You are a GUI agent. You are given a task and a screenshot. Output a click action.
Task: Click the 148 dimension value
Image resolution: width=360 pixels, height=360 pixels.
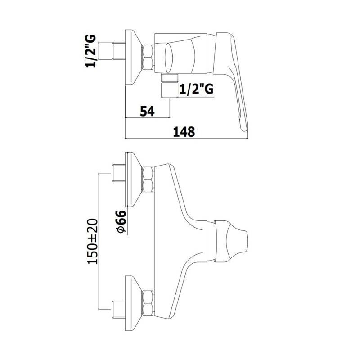[184, 132]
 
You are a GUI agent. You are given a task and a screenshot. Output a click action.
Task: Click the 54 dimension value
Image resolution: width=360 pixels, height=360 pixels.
[148, 111]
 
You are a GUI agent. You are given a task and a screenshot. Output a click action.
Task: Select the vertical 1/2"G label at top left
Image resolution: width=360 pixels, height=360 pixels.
[91, 51]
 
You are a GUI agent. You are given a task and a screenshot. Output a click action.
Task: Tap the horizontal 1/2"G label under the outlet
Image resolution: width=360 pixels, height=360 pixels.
[196, 89]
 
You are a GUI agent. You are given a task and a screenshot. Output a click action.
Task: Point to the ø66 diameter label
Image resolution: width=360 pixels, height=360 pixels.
[121, 222]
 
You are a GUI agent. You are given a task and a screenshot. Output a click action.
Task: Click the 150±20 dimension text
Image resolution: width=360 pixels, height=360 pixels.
[93, 241]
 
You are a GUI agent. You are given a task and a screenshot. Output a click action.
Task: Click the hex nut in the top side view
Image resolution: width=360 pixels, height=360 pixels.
[148, 57]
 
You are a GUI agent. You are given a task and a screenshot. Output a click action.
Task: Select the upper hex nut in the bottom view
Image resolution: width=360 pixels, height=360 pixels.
[148, 180]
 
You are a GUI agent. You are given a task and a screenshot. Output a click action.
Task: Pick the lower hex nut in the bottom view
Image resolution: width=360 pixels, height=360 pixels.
[148, 303]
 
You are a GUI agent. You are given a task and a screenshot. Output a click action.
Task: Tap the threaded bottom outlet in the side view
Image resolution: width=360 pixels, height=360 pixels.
[170, 77]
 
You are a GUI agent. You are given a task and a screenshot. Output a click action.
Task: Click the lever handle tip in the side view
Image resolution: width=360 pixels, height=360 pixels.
[244, 127]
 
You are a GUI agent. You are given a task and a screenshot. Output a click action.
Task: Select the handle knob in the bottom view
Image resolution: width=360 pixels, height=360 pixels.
[231, 241]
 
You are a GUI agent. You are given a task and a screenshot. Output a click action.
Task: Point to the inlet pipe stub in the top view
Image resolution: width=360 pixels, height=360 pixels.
[118, 51]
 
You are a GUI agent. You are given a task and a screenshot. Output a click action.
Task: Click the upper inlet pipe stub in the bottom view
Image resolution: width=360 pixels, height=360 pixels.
[118, 173]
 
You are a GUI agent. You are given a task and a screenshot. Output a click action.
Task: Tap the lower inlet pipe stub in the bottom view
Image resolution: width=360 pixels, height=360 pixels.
[118, 310]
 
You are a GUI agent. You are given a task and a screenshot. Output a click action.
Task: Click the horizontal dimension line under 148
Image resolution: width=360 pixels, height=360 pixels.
[186, 139]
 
